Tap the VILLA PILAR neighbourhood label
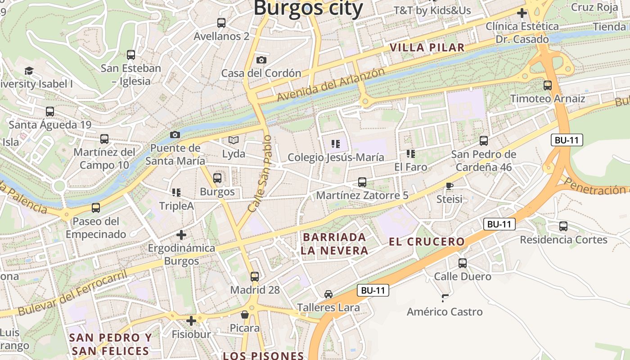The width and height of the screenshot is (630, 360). click(427, 48)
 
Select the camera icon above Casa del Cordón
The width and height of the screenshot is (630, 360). click(261, 60)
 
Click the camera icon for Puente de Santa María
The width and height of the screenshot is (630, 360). click(175, 135)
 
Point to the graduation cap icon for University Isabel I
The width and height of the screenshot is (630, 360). click(29, 71)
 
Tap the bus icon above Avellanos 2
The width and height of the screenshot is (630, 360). click(221, 22)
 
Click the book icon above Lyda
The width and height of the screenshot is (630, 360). click(233, 140)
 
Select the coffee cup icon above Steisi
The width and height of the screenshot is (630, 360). click(449, 185)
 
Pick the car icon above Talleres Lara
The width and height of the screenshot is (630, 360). click(328, 294)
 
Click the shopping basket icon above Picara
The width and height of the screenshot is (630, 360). click(245, 314)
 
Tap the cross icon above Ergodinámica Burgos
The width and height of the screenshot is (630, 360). click(181, 234)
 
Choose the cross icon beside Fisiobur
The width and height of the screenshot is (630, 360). click(191, 320)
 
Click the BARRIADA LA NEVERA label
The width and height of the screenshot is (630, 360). click(334, 244)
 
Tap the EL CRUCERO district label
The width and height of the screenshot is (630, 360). click(427, 242)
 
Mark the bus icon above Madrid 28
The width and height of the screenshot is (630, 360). click(255, 276)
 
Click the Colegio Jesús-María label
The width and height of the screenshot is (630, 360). click(336, 157)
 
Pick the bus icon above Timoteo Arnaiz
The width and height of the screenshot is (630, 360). click(548, 85)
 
